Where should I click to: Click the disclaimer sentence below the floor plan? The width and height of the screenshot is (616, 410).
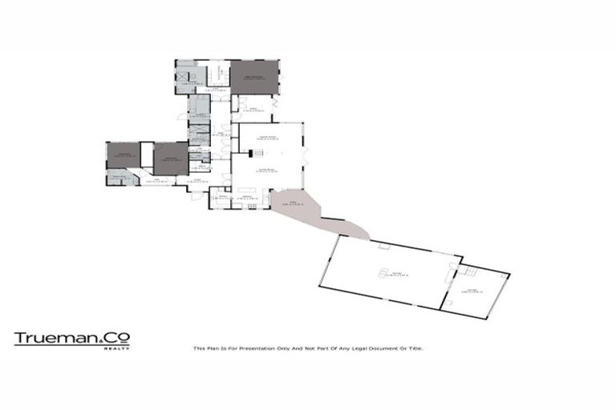tap(308, 348)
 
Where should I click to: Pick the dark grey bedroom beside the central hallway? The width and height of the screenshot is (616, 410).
tap(171, 159)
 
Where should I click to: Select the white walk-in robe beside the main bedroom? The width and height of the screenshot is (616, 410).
tap(217, 74)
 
